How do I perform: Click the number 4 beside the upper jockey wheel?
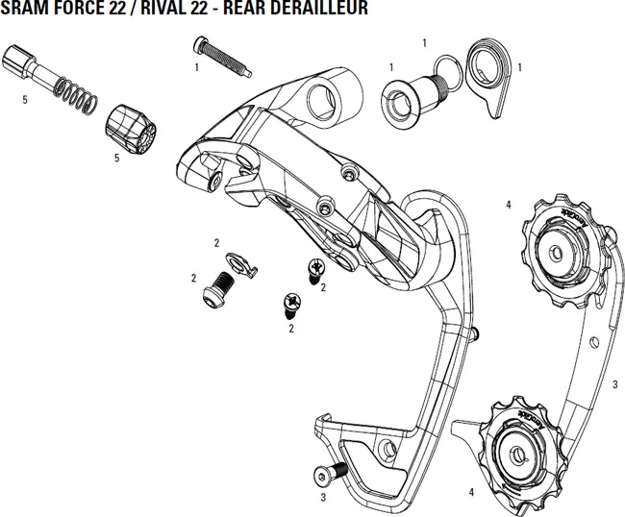(x=509, y=204)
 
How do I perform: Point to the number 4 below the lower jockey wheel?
(x=471, y=492)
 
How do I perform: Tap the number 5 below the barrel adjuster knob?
(x=116, y=158)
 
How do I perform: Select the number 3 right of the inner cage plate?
(x=614, y=384)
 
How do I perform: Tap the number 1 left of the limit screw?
(x=196, y=67)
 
